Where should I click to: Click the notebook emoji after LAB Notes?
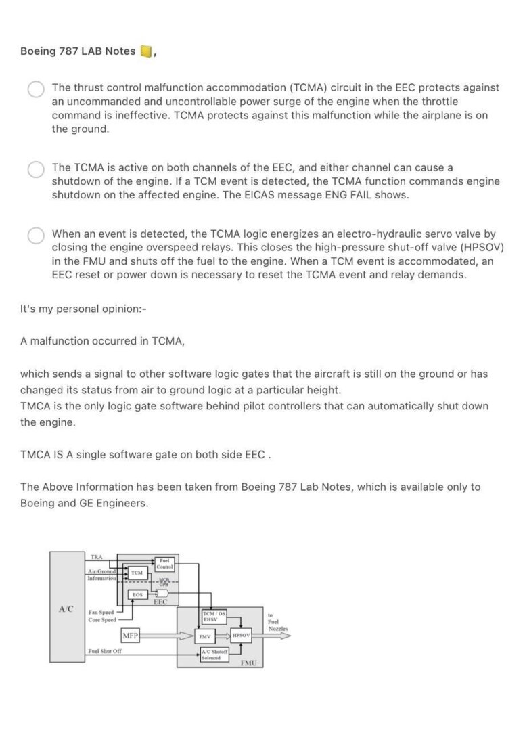tap(145, 51)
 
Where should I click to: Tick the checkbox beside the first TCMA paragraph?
tap(36, 90)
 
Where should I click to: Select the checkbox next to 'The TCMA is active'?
tap(36, 169)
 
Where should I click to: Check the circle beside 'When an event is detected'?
tap(36, 236)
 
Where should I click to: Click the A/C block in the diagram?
tap(66, 608)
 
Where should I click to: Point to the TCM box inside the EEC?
tap(137, 573)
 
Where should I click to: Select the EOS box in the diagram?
tap(137, 594)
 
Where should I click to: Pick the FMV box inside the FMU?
tap(204, 636)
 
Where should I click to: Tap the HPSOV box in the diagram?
tap(241, 636)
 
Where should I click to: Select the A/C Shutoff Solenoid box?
tap(214, 654)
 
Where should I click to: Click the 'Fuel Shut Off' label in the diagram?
tap(104, 652)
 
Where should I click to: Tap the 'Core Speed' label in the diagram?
tap(101, 619)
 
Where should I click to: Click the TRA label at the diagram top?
tap(96, 556)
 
